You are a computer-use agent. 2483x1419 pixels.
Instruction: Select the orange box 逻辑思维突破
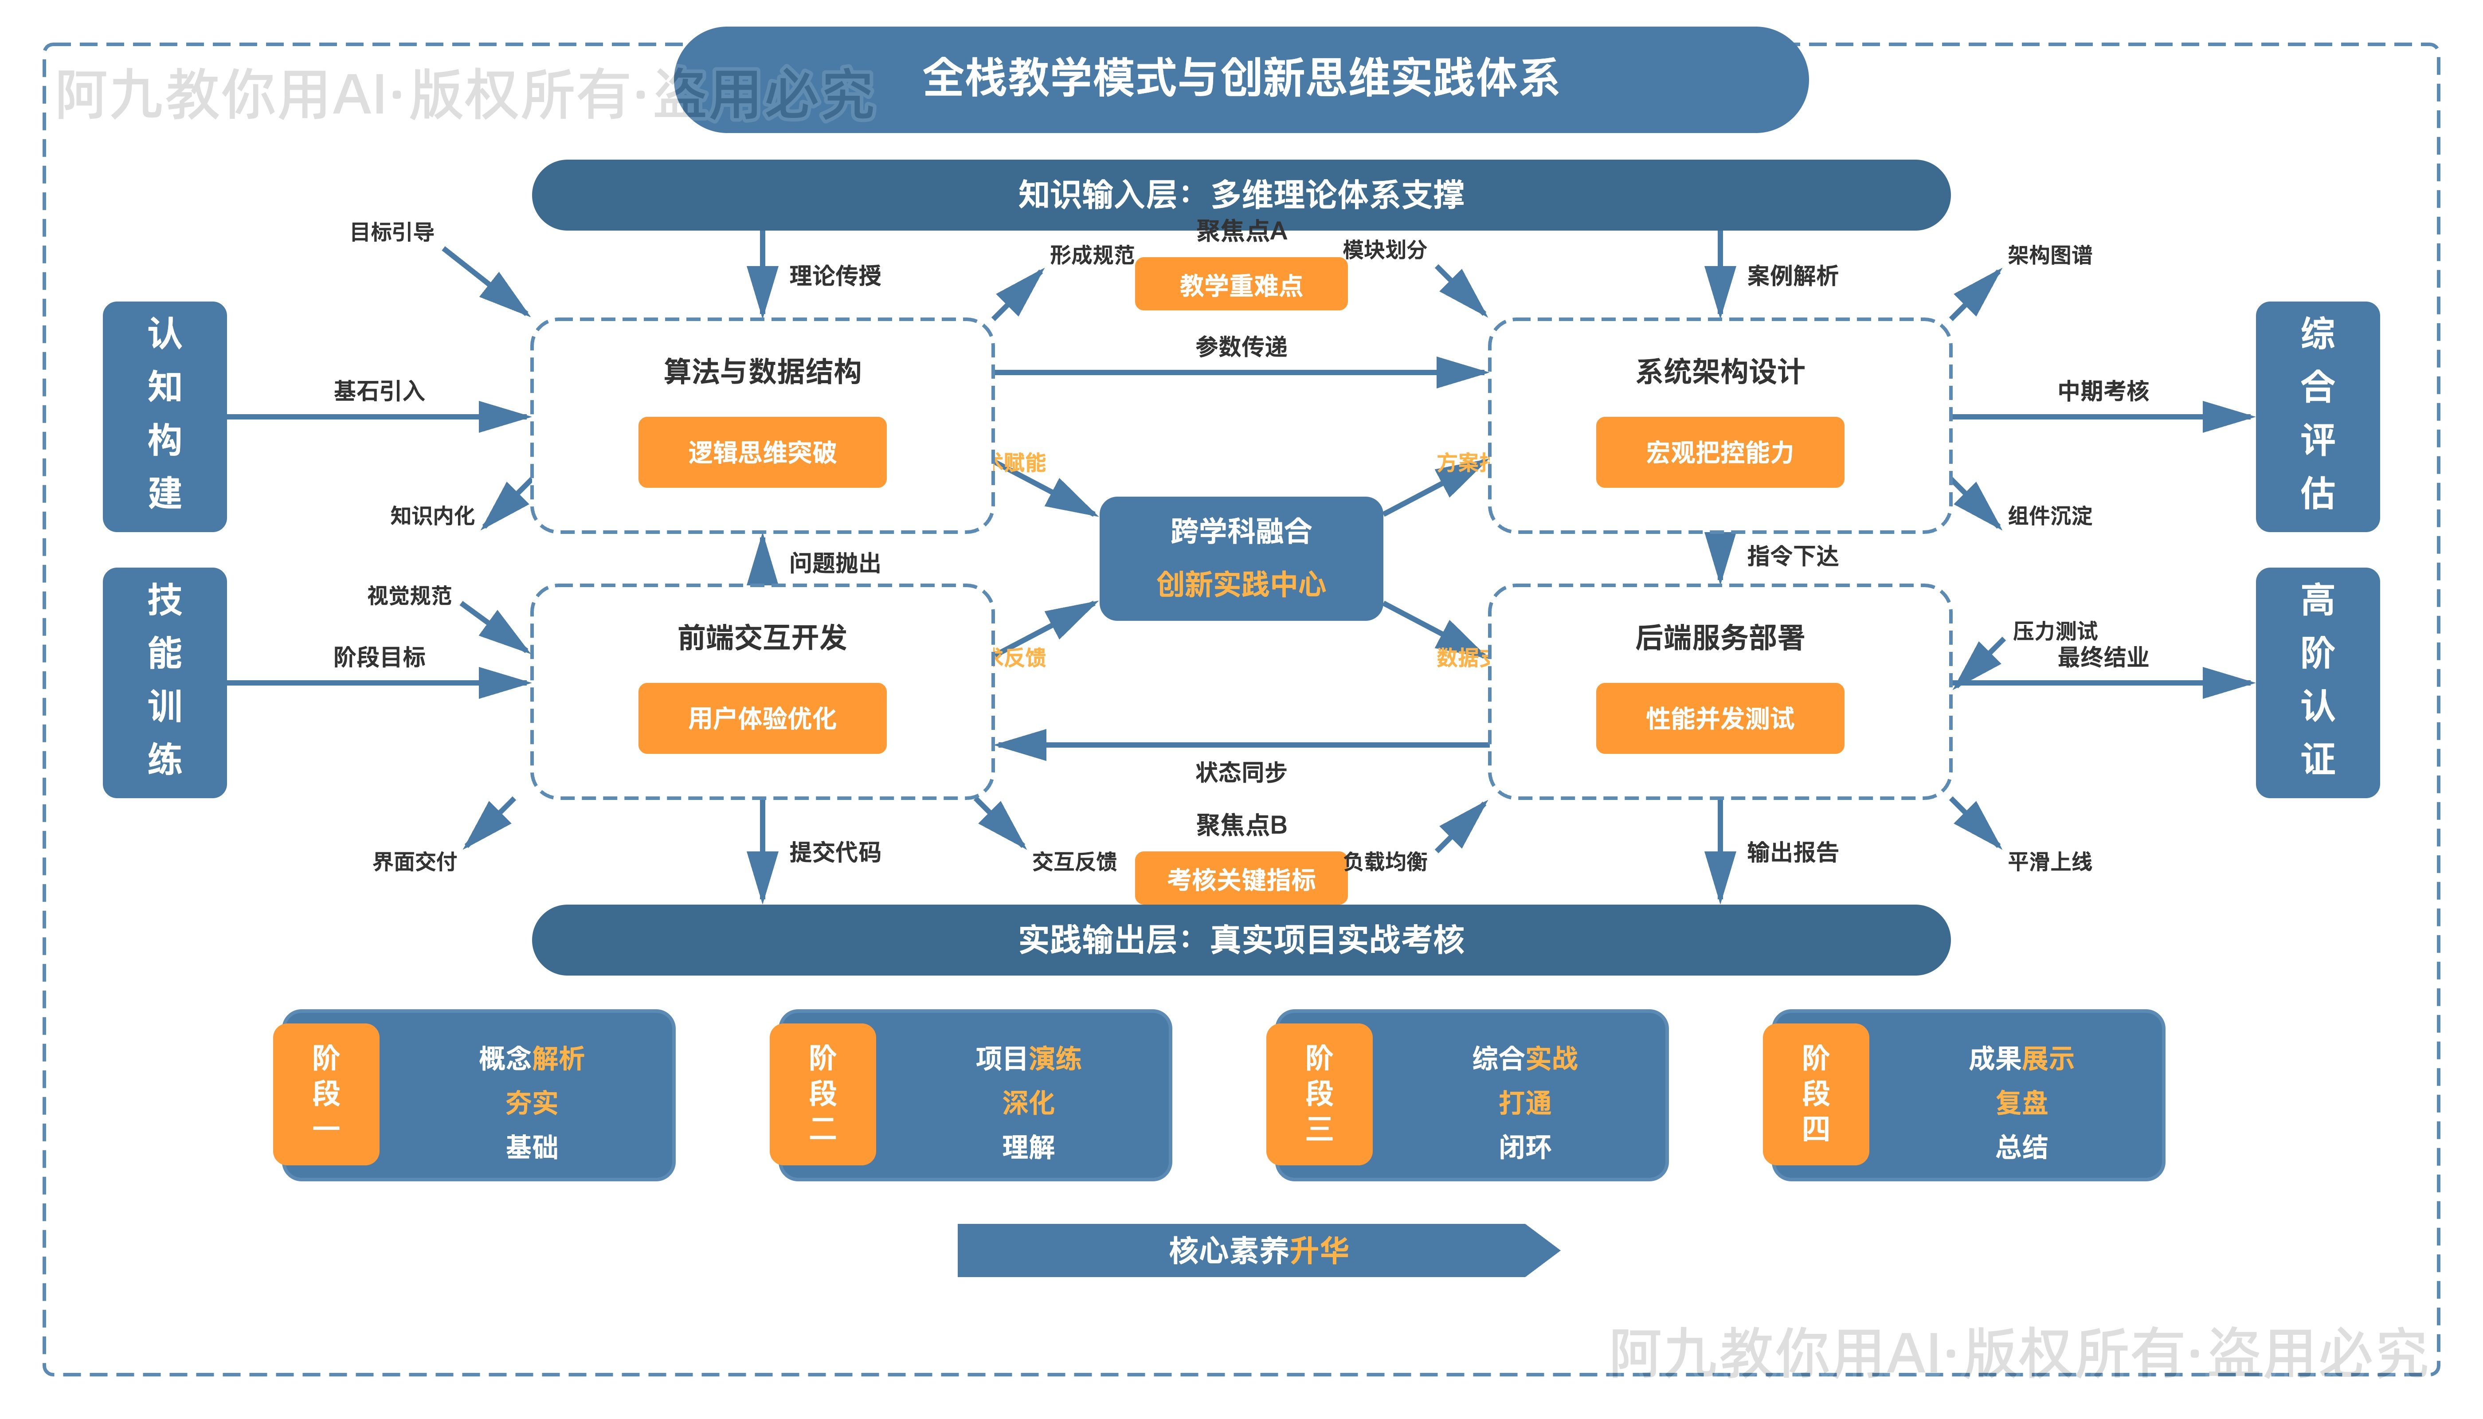click(x=762, y=452)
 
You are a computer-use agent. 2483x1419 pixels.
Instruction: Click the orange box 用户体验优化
click(x=762, y=718)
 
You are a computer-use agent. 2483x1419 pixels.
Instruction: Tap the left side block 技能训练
click(x=164, y=682)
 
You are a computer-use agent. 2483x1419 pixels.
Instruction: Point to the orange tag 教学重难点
click(x=1241, y=285)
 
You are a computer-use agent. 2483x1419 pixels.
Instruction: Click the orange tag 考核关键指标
click(x=1241, y=879)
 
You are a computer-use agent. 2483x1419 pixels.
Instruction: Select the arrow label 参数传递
click(x=1241, y=346)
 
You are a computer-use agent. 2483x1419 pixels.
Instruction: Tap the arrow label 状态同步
click(x=1241, y=772)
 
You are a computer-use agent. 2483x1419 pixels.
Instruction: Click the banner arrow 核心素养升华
click(x=1257, y=1250)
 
